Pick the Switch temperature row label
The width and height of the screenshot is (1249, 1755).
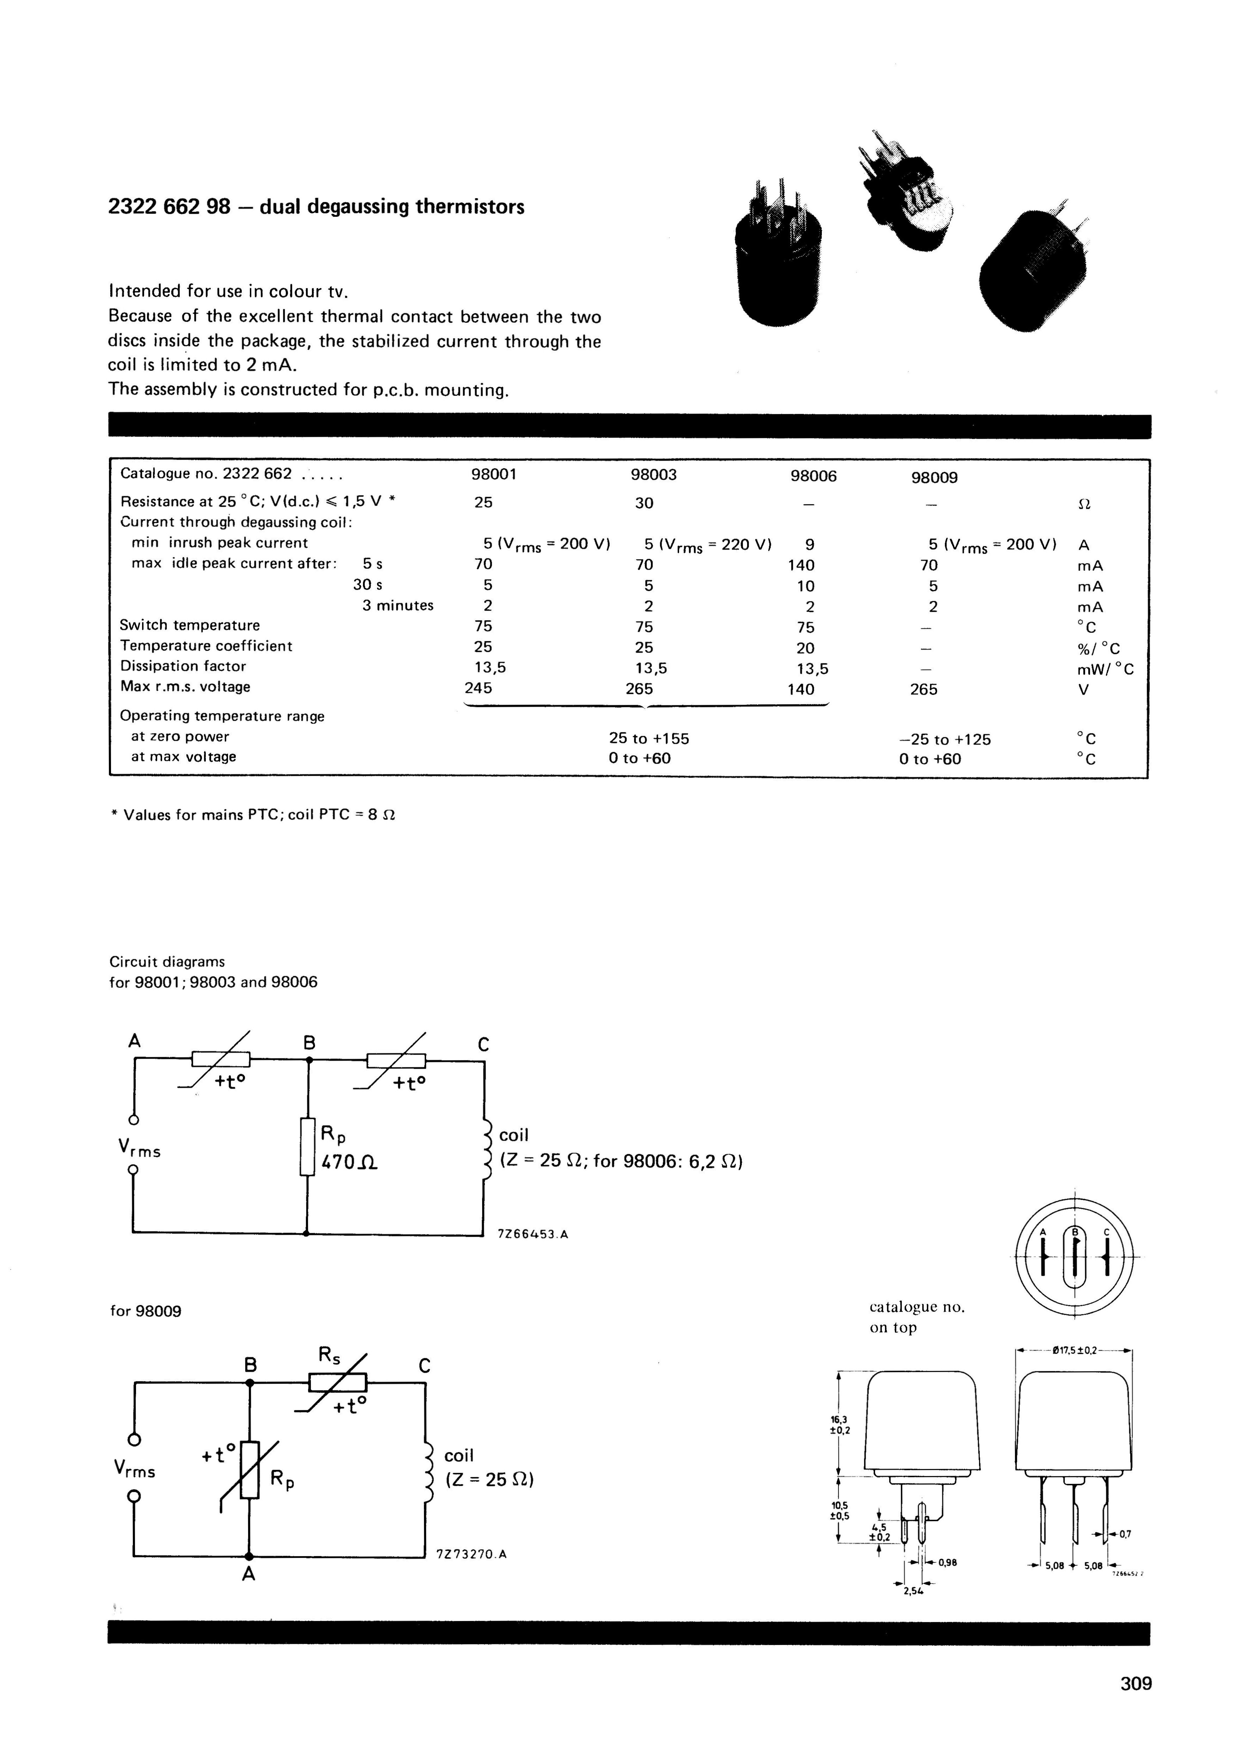(190, 626)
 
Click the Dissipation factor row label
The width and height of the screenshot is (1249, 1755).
(183, 666)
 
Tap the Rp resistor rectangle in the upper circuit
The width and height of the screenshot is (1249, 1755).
(308, 1146)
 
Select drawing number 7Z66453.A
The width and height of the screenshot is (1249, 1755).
(533, 1235)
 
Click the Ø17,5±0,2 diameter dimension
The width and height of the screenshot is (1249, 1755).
(1075, 1349)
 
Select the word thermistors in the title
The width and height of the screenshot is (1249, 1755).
(470, 207)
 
